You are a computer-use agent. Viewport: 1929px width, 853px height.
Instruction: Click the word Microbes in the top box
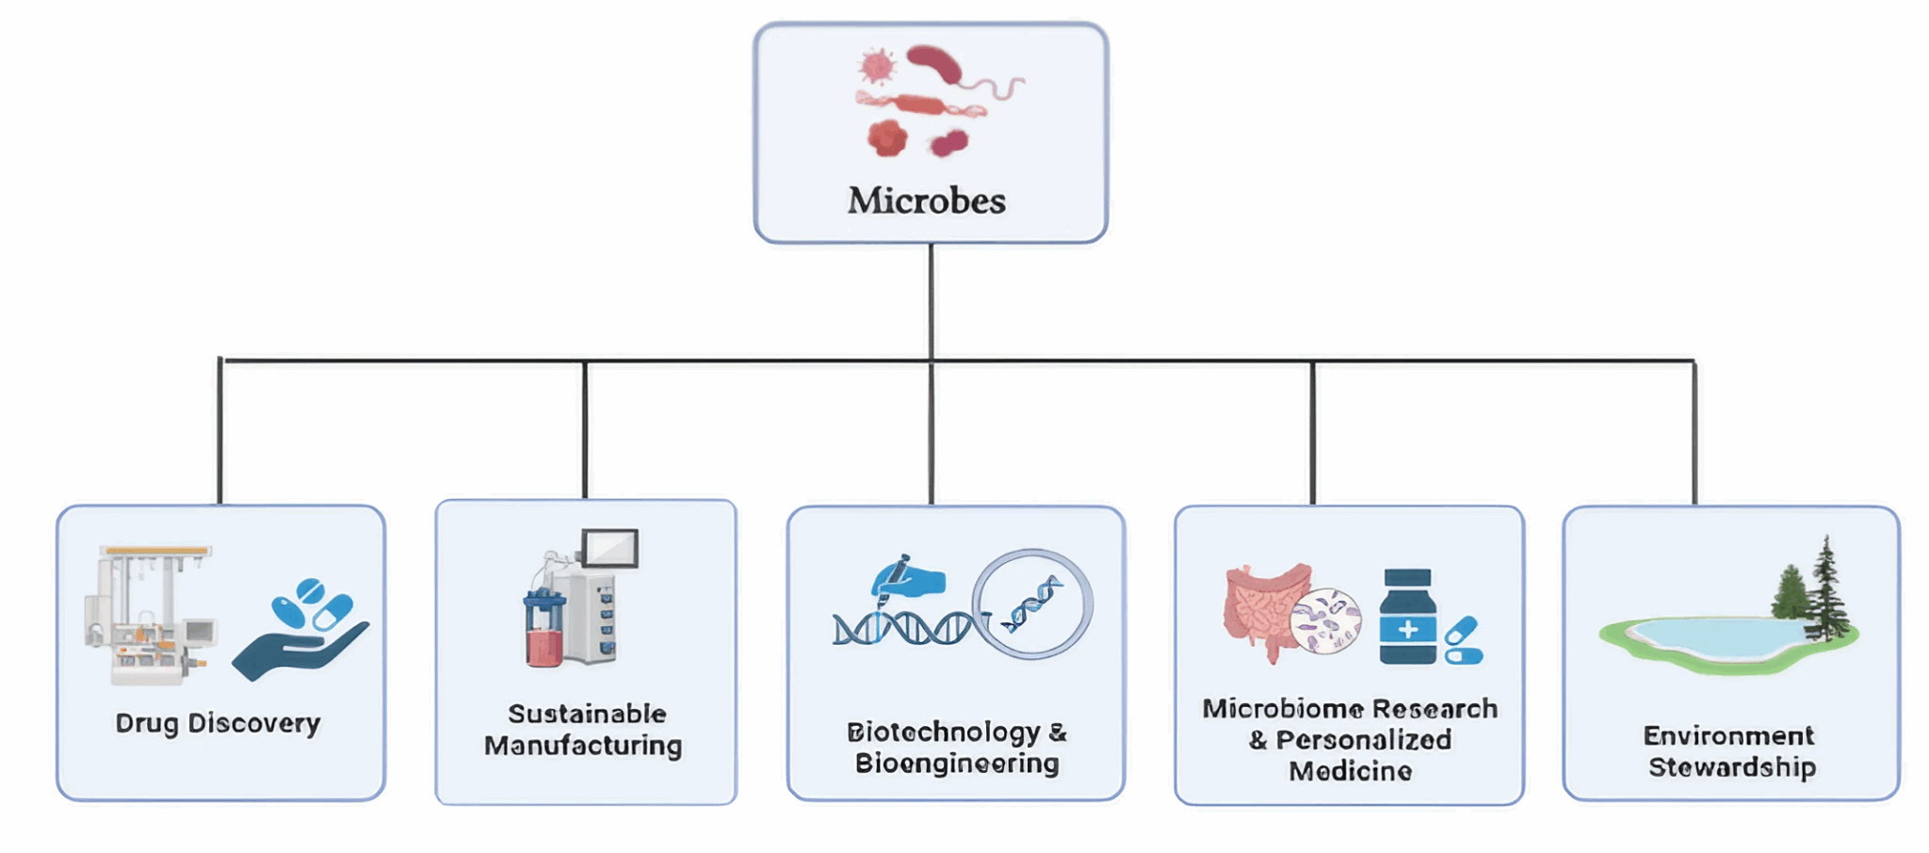(927, 201)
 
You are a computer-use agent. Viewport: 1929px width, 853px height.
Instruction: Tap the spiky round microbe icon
(877, 66)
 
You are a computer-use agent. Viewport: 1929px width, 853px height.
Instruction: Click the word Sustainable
(587, 714)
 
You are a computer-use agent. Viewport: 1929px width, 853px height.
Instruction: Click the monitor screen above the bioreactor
(609, 548)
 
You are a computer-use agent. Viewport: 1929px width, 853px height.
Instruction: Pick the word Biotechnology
(943, 732)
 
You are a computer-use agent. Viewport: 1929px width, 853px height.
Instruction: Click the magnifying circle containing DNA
(1032, 604)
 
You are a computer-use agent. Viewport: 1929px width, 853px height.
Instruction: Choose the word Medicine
(1350, 771)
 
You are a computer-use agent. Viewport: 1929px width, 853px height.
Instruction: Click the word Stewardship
(1731, 766)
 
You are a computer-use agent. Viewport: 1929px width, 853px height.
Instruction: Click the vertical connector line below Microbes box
(931, 301)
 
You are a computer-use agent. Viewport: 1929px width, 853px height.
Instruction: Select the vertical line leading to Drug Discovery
(220, 433)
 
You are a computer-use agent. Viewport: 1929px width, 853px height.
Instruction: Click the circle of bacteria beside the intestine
(1326, 620)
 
